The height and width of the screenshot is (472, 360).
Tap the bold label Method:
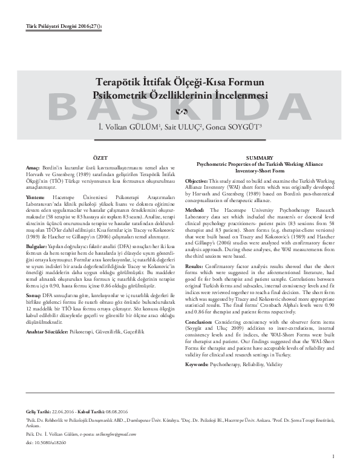pyautogui.click(x=197, y=209)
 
